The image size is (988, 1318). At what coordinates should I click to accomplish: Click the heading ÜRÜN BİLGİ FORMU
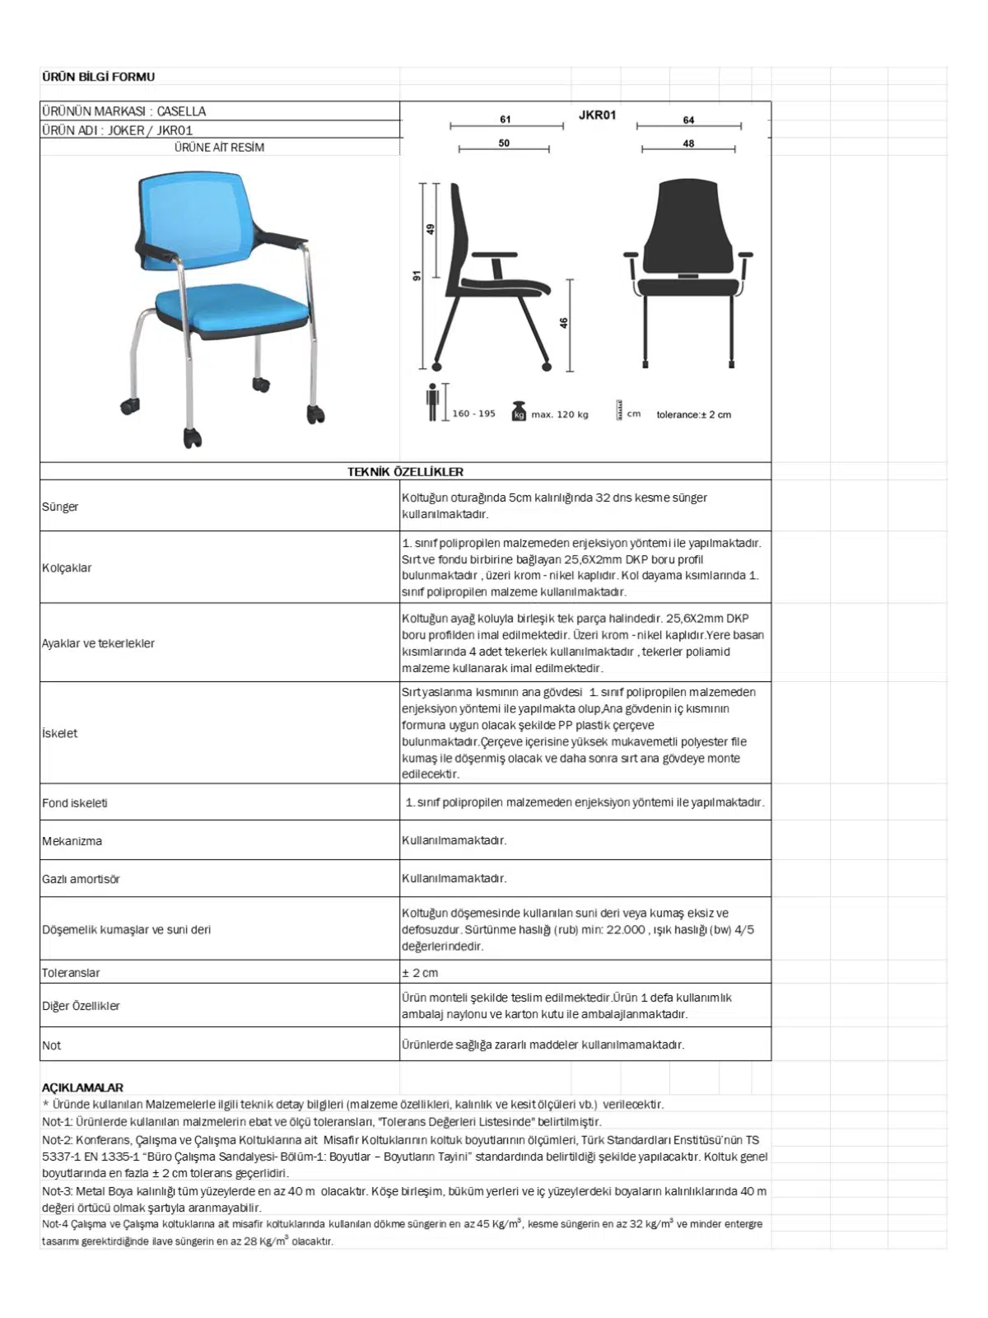[98, 77]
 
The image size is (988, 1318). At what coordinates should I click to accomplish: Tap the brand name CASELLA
[181, 111]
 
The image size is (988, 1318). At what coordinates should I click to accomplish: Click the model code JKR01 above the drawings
[597, 115]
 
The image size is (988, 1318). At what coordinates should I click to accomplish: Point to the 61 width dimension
[506, 119]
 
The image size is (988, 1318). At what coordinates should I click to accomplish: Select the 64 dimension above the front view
[688, 120]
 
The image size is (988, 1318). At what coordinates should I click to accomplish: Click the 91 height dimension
[417, 275]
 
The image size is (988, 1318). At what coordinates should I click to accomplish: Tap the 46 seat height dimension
[564, 323]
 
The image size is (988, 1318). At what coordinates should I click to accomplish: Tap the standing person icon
[432, 402]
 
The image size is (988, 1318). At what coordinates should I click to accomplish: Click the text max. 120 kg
[560, 414]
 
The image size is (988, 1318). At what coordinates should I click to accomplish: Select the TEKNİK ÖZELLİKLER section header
[405, 472]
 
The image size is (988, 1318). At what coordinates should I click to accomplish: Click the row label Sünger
[60, 507]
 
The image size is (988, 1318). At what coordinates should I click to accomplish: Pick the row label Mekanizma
[72, 841]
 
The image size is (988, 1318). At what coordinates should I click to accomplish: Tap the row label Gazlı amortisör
[81, 879]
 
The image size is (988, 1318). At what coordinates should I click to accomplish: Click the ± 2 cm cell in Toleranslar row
[420, 973]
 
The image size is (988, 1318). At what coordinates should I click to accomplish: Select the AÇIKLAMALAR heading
[82, 1087]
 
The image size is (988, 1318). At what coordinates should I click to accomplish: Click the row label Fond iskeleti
[75, 803]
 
